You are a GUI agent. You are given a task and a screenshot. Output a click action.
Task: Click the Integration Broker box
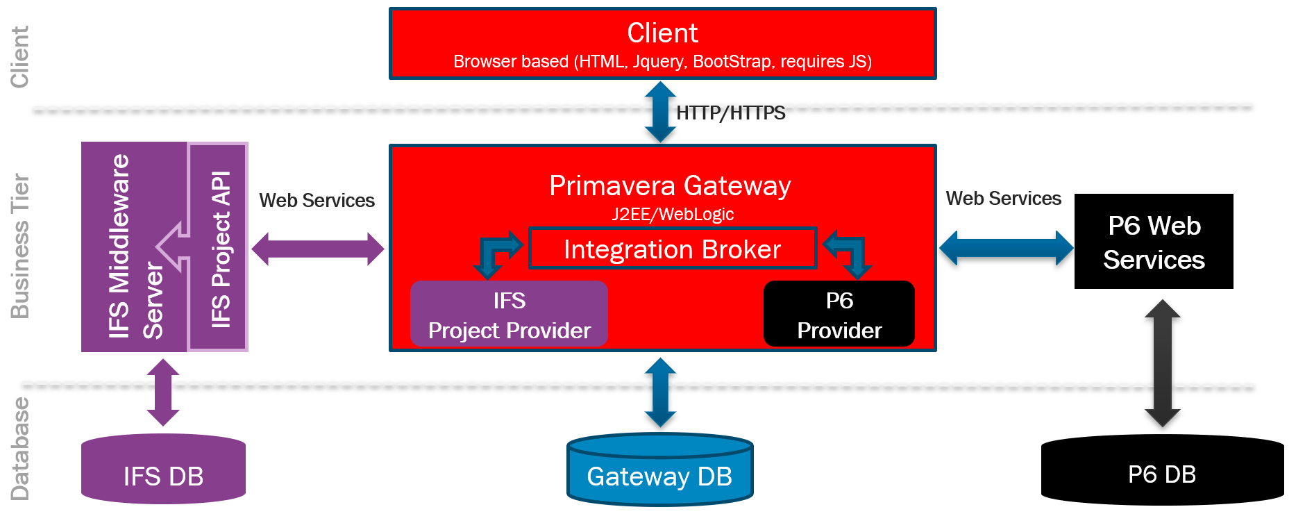(672, 249)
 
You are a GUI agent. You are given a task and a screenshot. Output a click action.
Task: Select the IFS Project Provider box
(509, 315)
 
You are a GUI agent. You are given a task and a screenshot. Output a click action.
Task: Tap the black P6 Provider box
(839, 315)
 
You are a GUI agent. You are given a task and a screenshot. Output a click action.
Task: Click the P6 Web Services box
(1153, 242)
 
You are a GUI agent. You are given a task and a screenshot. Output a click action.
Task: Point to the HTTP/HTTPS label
(730, 113)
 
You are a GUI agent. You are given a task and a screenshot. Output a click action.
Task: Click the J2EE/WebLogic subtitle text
(672, 214)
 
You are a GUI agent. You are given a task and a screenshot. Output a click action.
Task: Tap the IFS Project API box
(219, 249)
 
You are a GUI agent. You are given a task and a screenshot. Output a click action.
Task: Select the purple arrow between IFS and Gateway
(317, 249)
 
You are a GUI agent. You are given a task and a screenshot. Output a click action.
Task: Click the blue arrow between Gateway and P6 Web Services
(1006, 248)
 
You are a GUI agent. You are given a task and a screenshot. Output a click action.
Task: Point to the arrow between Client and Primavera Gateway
(660, 113)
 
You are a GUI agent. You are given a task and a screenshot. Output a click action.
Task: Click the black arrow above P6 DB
(1162, 363)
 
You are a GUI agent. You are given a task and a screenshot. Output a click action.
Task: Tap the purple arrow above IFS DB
(163, 392)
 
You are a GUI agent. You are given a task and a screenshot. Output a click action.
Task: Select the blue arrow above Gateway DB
(660, 393)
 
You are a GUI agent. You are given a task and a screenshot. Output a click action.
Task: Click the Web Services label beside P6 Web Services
(1003, 199)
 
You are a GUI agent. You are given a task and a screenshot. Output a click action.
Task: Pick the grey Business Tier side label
(20, 246)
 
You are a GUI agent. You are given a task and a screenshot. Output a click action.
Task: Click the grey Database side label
(20, 448)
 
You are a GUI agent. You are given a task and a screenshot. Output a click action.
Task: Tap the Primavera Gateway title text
(670, 186)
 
